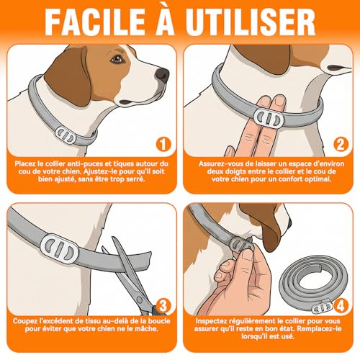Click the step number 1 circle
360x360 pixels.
click(x=163, y=144)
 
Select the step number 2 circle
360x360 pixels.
click(x=341, y=144)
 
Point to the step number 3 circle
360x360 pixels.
click(x=163, y=306)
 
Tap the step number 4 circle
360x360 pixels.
click(x=341, y=306)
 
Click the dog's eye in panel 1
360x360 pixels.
click(x=117, y=59)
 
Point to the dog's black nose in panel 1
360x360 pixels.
click(x=162, y=75)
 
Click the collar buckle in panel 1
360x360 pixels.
click(x=66, y=136)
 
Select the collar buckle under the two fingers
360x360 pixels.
click(x=269, y=117)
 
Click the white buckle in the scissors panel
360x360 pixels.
click(x=59, y=249)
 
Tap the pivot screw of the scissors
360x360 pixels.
click(x=140, y=300)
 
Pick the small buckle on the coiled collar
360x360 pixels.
click(x=323, y=308)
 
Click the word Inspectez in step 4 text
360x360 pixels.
click(x=212, y=321)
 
